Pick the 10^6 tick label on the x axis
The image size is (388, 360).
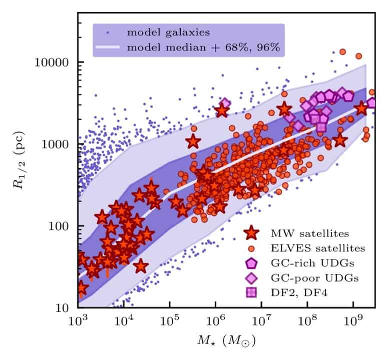pyautogui.click(x=215, y=319)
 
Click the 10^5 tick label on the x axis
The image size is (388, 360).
pyautogui.click(x=170, y=319)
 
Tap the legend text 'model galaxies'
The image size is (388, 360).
pyautogui.click(x=168, y=33)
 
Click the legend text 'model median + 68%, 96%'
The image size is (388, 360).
pyautogui.click(x=203, y=48)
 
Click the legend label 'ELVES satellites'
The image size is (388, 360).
pyautogui.click(x=318, y=247)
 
